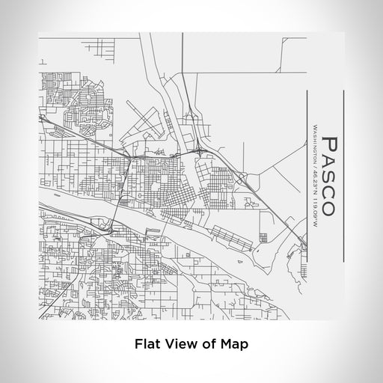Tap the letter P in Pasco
(x=330, y=144)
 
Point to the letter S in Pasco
(x=330, y=177)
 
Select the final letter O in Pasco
(x=330, y=207)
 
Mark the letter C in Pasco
(x=330, y=191)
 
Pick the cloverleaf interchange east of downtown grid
(x=202, y=151)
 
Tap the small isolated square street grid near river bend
(x=263, y=238)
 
